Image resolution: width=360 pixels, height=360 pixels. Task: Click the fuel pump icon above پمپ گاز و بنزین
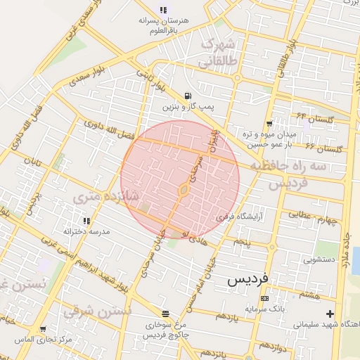186,96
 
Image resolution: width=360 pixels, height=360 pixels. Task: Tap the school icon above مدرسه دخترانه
86,221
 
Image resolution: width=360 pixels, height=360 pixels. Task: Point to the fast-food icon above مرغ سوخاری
165,314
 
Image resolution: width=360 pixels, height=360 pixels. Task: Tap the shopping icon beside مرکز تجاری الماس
43,329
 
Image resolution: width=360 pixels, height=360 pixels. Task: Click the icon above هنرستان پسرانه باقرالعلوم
163,11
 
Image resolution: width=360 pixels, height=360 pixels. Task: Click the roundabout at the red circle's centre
183,188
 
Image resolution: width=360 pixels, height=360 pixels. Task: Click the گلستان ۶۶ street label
324,148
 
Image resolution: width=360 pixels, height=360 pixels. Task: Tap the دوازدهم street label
271,347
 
